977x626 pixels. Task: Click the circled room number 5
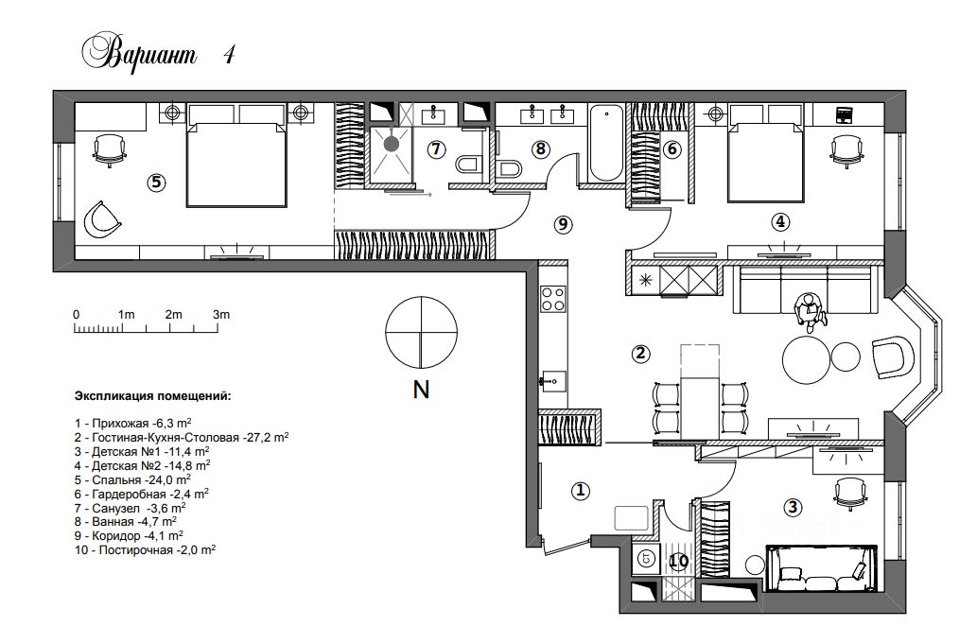pos(156,183)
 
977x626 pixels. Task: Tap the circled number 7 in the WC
pos(436,149)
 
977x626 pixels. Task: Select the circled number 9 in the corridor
pos(563,224)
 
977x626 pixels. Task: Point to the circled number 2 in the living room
pos(640,354)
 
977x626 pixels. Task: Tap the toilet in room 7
pos(466,165)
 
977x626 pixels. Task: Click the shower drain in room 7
pos(391,145)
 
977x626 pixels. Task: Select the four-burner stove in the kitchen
pos(552,299)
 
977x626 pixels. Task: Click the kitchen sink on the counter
pos(552,381)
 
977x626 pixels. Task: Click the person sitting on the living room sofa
pos(810,311)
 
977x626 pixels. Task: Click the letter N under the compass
pos(421,390)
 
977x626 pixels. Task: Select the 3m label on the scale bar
pos(220,315)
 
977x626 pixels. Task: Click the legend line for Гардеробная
pos(142,494)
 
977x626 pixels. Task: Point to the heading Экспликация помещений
pos(152,395)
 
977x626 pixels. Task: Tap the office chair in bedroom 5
pos(109,150)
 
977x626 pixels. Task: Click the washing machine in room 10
pos(646,559)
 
